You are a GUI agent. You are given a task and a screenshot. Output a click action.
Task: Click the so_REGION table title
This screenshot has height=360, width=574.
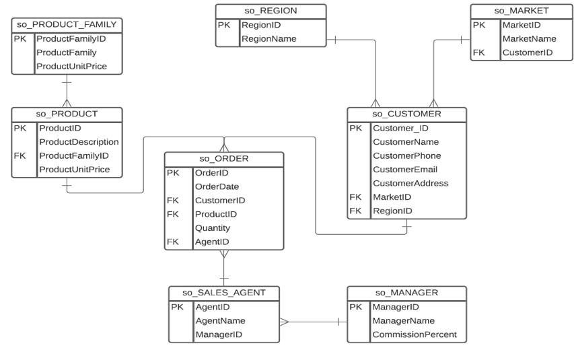click(x=271, y=11)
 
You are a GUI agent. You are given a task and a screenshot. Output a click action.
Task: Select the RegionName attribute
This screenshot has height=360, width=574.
click(x=268, y=39)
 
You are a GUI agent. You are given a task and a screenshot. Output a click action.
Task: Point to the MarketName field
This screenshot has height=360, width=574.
click(x=529, y=38)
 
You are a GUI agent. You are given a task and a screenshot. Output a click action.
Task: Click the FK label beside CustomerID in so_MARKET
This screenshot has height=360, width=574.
click(x=478, y=52)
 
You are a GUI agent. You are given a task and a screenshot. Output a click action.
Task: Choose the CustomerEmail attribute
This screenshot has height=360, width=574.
click(x=404, y=170)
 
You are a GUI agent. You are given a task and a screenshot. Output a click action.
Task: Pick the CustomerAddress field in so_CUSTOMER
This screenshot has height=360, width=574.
click(x=410, y=183)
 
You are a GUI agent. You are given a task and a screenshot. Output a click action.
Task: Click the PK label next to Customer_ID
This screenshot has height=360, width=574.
click(x=356, y=129)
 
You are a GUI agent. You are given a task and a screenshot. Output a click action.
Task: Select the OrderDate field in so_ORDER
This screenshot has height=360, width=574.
click(x=217, y=186)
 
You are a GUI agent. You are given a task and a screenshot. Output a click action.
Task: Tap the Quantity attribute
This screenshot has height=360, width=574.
click(x=212, y=228)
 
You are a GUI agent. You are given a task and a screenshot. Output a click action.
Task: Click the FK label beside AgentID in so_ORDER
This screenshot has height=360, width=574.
click(x=173, y=242)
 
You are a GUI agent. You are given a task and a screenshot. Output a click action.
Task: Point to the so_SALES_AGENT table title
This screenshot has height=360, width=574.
click(x=223, y=293)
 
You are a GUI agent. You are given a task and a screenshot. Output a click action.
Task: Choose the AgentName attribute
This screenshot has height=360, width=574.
click(x=220, y=321)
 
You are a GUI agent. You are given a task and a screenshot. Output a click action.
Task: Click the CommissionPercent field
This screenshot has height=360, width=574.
click(x=414, y=334)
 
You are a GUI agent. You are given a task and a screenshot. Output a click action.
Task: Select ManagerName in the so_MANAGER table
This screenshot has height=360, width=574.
click(x=403, y=321)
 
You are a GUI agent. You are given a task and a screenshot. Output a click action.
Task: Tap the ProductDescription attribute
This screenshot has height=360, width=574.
click(x=79, y=142)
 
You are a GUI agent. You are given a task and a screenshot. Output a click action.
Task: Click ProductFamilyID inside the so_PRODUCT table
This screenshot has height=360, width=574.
click(x=73, y=155)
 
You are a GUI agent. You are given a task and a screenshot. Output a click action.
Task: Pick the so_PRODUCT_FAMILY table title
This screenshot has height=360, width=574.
click(x=67, y=25)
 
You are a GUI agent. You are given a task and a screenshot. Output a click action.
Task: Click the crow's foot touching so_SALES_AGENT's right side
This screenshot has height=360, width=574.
click(x=285, y=322)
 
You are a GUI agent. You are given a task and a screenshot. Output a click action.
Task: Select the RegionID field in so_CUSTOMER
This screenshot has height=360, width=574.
click(x=392, y=211)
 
